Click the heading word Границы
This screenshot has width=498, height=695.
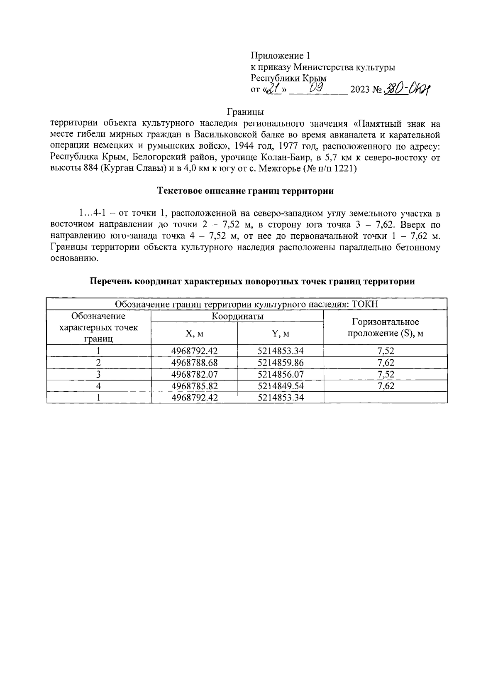(x=245, y=112)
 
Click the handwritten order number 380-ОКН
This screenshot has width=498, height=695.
(x=407, y=89)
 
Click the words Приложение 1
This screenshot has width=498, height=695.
(x=280, y=56)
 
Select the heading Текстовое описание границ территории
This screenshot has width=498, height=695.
(x=245, y=192)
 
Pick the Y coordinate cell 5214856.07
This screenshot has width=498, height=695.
(x=281, y=374)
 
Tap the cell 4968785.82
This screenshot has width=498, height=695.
(x=194, y=386)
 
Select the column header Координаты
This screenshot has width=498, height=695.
(x=237, y=316)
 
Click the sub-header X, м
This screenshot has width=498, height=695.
(x=194, y=334)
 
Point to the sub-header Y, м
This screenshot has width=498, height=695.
(x=281, y=334)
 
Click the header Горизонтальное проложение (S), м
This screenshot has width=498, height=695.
(x=385, y=328)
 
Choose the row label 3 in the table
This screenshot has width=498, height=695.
(x=99, y=374)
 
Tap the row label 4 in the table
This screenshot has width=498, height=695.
(x=99, y=386)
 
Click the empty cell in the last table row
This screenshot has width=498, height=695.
(x=385, y=398)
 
